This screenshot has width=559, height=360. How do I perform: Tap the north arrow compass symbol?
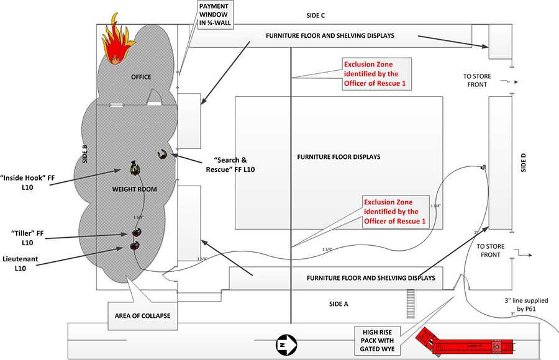[283, 343]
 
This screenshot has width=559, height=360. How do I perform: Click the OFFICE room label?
[141, 77]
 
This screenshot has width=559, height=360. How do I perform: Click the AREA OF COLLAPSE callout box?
[142, 315]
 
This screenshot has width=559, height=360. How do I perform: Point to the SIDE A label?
[339, 304]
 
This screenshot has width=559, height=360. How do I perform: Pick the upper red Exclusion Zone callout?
[377, 74]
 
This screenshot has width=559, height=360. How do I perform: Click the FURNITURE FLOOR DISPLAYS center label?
[339, 157]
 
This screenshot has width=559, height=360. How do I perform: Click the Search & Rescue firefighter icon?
[161, 154]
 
